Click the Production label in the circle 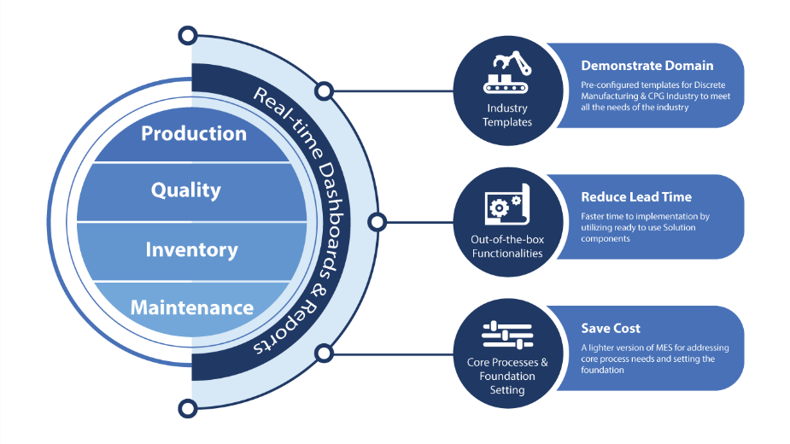coord(194,133)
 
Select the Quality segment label coord(186,190)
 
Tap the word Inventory coord(191,250)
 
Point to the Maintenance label coord(192,307)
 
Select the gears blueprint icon coord(506,204)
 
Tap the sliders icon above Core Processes coord(506,336)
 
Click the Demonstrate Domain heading coord(647,66)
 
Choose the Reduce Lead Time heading coord(636,197)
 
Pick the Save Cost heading coord(611,329)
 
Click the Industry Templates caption coord(506,115)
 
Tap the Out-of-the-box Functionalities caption coord(506,247)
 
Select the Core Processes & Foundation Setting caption coord(506,376)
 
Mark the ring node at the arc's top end coord(188,36)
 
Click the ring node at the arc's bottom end coord(188,408)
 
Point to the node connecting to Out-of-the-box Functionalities coord(377,222)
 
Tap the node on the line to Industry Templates coord(324,91)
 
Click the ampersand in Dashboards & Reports coord(319,289)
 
